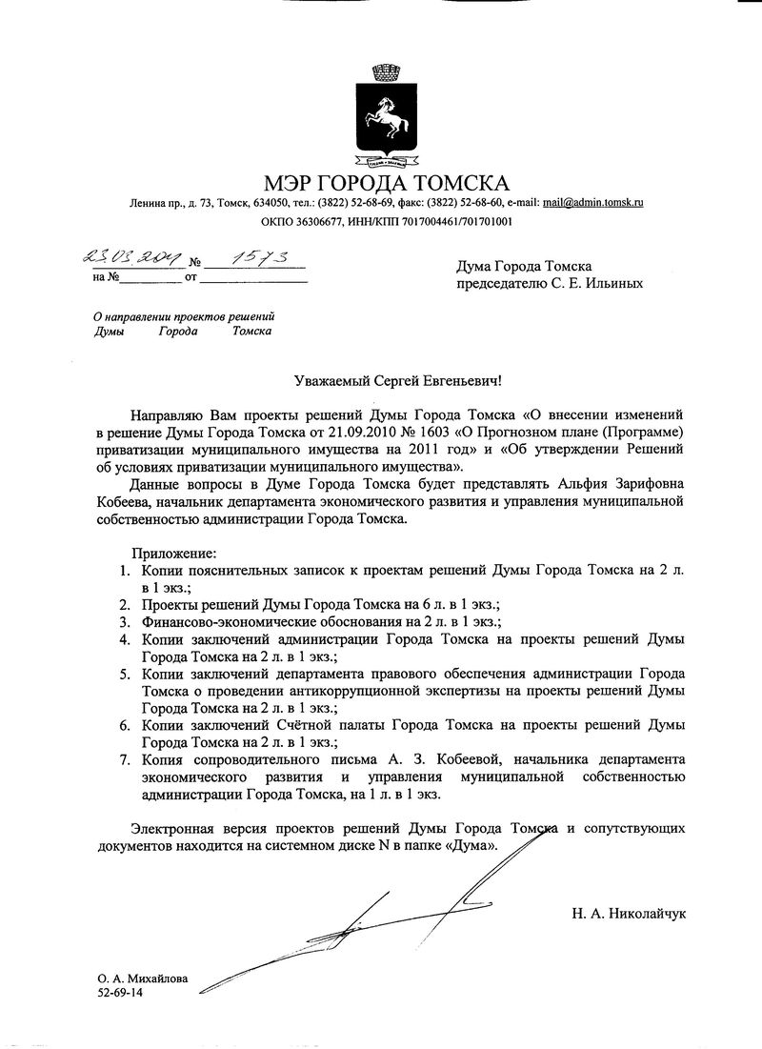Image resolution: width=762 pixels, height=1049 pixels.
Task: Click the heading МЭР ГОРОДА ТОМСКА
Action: coord(387,183)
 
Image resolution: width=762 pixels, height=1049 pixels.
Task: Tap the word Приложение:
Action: coord(174,553)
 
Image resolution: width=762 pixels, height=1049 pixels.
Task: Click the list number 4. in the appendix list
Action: coord(125,639)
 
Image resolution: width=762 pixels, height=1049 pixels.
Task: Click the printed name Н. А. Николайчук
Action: coord(629,914)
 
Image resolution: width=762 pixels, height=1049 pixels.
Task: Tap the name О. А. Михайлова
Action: coord(142,978)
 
